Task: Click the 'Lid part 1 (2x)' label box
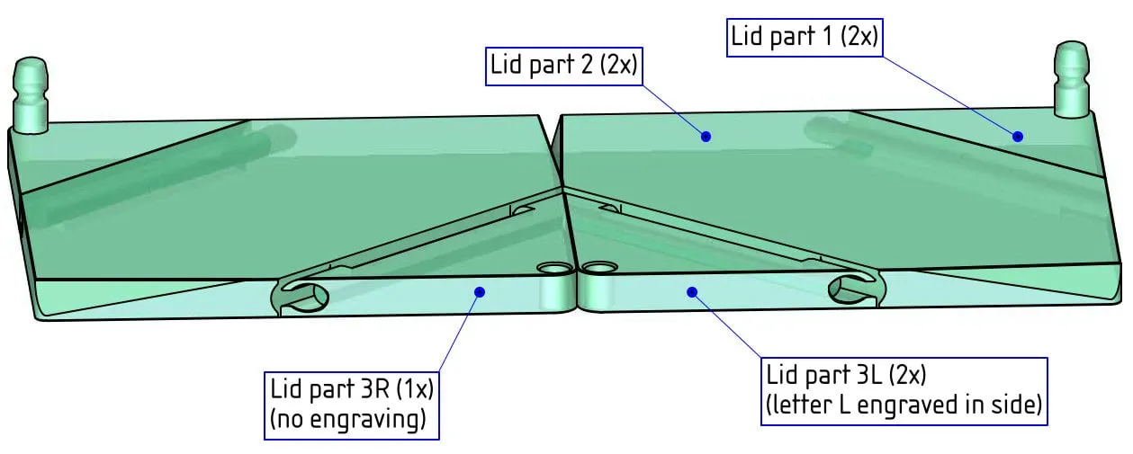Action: tap(805, 38)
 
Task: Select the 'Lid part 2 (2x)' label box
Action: tap(564, 67)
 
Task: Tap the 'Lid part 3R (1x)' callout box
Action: tap(352, 406)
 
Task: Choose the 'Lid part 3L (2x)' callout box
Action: tap(904, 392)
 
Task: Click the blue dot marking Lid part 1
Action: tap(1018, 137)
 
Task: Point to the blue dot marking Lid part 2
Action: tap(706, 137)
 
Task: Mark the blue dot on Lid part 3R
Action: tap(480, 291)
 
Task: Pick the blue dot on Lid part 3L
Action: tap(692, 291)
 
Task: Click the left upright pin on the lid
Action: tap(31, 95)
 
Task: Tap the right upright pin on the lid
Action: tap(1071, 79)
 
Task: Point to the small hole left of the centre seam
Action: tap(553, 268)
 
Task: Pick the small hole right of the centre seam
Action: tap(599, 267)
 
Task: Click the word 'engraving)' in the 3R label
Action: tap(368, 420)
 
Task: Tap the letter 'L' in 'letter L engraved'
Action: tap(845, 405)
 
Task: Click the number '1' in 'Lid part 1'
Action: tap(827, 36)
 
